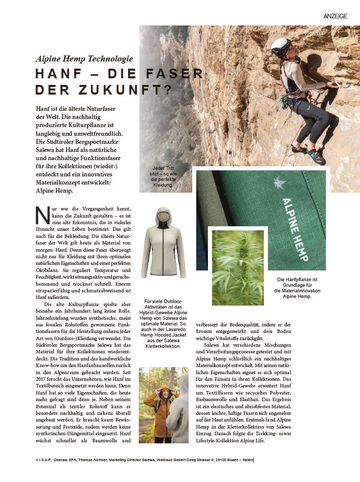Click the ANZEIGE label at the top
(x=335, y=16)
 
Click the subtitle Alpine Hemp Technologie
(x=84, y=58)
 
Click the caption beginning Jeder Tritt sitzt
(x=163, y=177)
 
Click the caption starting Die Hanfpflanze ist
(x=297, y=288)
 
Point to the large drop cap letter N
(x=42, y=215)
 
